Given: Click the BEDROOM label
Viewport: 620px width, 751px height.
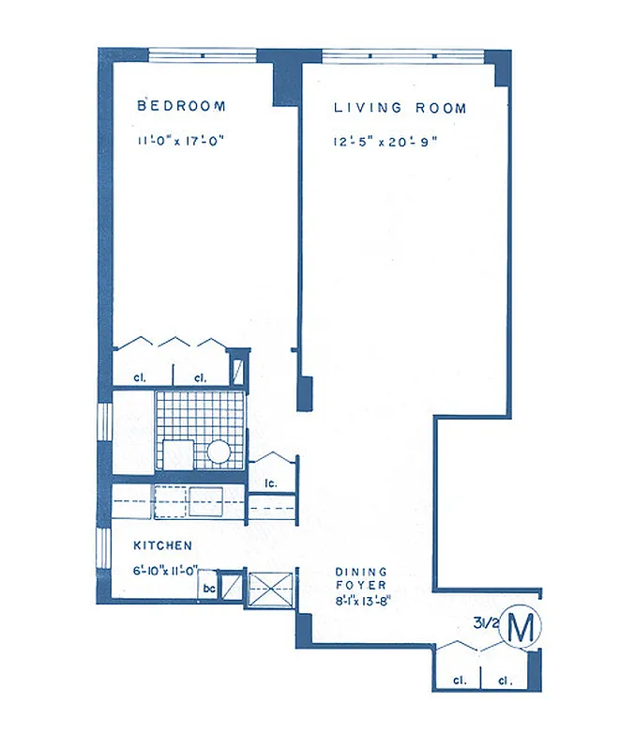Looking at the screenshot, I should pos(182,106).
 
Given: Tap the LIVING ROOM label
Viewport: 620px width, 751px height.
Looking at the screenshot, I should pos(400,109).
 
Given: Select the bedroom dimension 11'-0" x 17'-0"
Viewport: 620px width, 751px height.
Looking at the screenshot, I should pos(182,142).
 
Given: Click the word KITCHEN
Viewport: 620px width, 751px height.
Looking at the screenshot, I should pos(162,545).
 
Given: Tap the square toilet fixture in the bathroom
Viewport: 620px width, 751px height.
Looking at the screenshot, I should pos(175,453).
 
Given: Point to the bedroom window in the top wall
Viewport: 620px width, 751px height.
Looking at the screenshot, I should pos(203,54).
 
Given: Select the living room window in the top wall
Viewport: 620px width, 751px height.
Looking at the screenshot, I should pos(403,55).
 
